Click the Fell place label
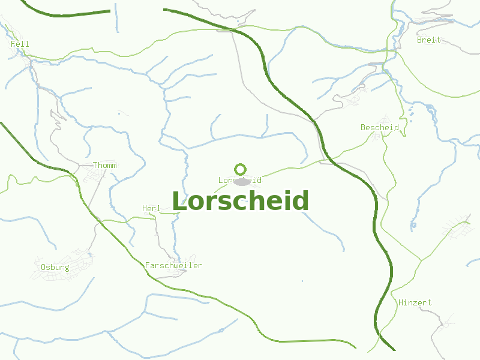click(20, 44)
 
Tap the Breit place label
click(428, 40)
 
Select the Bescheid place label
click(380, 127)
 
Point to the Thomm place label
click(105, 165)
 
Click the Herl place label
click(151, 208)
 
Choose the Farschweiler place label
click(173, 265)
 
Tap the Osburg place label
click(55, 267)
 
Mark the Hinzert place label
click(415, 302)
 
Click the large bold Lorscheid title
click(240, 201)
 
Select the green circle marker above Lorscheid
click(241, 169)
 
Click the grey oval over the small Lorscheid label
click(242, 181)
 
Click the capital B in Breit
click(419, 40)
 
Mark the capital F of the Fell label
click(13, 44)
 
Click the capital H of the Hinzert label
click(401, 302)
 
